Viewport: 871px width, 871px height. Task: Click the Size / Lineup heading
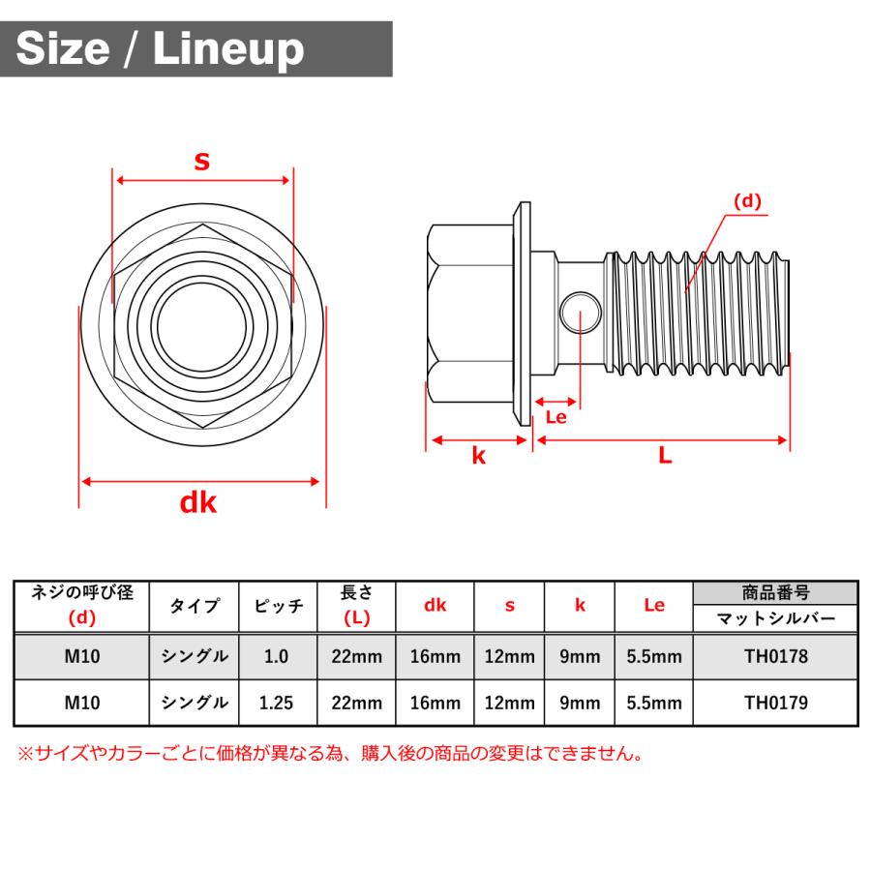pyautogui.click(x=161, y=48)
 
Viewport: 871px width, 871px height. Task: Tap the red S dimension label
pyautogui.click(x=201, y=162)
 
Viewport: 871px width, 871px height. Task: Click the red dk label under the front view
pyautogui.click(x=198, y=502)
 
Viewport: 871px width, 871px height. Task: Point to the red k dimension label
pyautogui.click(x=478, y=457)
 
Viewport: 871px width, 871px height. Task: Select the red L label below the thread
pyautogui.click(x=665, y=457)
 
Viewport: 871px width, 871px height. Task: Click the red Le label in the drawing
pyautogui.click(x=556, y=417)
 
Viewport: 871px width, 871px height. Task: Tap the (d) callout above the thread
pyautogui.click(x=747, y=201)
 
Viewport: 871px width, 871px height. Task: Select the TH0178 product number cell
pyautogui.click(x=775, y=656)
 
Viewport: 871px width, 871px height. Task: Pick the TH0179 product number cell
pyautogui.click(x=775, y=703)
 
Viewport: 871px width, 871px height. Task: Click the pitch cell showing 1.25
pyautogui.click(x=276, y=703)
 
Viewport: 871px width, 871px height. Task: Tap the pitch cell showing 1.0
pyautogui.click(x=276, y=656)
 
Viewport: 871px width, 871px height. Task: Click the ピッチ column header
pyautogui.click(x=279, y=606)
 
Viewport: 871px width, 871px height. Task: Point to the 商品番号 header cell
pyautogui.click(x=775, y=593)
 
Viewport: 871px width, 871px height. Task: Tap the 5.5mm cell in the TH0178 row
pyautogui.click(x=654, y=656)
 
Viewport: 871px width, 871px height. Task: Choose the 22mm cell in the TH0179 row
pyautogui.click(x=356, y=703)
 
